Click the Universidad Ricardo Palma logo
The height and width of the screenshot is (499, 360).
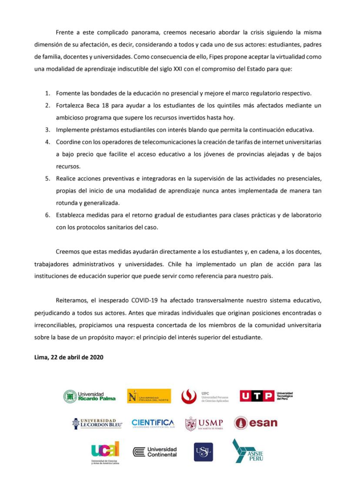coord(90,396)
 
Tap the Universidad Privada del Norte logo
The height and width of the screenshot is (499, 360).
coord(149,396)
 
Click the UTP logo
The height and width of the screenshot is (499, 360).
coord(266,396)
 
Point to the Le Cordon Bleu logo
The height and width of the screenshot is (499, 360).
coord(97,423)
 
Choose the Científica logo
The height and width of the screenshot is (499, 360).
coord(152,423)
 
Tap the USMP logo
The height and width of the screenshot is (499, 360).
coord(204,423)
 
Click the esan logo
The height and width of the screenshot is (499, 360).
coord(255,423)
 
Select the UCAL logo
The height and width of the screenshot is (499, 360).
coord(105,452)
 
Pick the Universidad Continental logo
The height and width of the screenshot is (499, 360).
coord(155,452)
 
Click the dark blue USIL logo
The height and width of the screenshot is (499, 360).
coord(203,452)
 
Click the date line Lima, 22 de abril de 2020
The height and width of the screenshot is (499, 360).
coord(69,357)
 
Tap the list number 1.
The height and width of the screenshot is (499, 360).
coord(48,93)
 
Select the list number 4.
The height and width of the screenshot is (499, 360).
coord(48,142)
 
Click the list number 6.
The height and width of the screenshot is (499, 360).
coord(48,215)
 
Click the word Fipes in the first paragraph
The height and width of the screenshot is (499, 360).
coord(208,57)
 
